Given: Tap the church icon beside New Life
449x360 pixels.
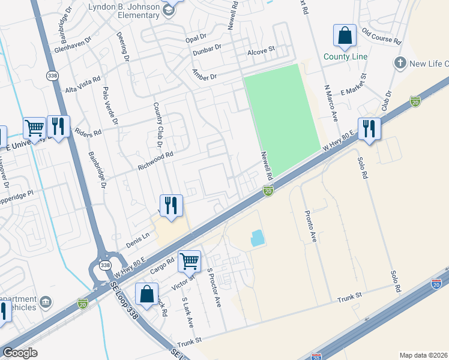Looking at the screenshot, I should [x=400, y=62].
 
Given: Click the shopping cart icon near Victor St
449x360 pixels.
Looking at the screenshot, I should [x=189, y=261].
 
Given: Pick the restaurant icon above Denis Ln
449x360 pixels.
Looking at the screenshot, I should [x=170, y=206].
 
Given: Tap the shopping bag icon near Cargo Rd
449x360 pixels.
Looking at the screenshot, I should [x=146, y=295].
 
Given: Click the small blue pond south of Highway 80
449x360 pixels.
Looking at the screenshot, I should [x=257, y=238].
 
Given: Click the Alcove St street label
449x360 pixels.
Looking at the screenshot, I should [x=261, y=53].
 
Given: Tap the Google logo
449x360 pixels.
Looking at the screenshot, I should [x=20, y=353].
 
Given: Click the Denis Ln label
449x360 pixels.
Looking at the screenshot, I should [x=137, y=241].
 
